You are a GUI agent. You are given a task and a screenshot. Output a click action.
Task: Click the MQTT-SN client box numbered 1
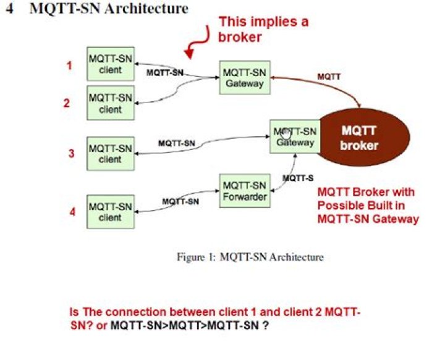point(110,64)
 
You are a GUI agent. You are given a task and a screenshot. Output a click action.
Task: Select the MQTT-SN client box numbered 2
point(110,103)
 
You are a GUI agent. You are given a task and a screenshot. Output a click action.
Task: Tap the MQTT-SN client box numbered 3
point(110,153)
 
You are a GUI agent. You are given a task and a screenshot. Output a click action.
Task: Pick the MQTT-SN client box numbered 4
point(110,211)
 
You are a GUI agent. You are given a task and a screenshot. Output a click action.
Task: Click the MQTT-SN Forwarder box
point(244,191)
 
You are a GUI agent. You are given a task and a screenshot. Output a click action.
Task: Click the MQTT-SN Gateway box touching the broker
point(295,136)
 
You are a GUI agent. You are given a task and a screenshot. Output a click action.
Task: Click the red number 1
point(70,64)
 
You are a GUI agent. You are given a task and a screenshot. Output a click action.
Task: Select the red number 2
point(67,103)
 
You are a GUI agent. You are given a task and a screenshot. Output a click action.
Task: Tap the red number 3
point(72,153)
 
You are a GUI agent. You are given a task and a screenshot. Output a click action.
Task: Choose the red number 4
point(72,212)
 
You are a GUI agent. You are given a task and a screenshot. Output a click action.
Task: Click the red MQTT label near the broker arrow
point(328,77)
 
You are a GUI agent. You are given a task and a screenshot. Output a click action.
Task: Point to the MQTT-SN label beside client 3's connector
point(176,143)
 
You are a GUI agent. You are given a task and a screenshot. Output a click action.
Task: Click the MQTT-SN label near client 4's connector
point(180,201)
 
